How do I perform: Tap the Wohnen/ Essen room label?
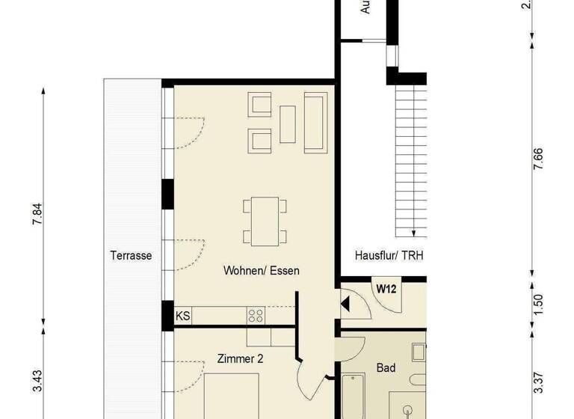pyautogui.click(x=261, y=270)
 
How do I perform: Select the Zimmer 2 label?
pyautogui.click(x=240, y=358)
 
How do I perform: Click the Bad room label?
pyautogui.click(x=386, y=368)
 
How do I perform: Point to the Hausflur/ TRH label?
pyautogui.click(x=389, y=255)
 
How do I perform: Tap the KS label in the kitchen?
pyautogui.click(x=182, y=316)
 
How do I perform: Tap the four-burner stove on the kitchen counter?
pyautogui.click(x=256, y=316)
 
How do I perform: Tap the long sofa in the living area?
pyautogui.click(x=315, y=120)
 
